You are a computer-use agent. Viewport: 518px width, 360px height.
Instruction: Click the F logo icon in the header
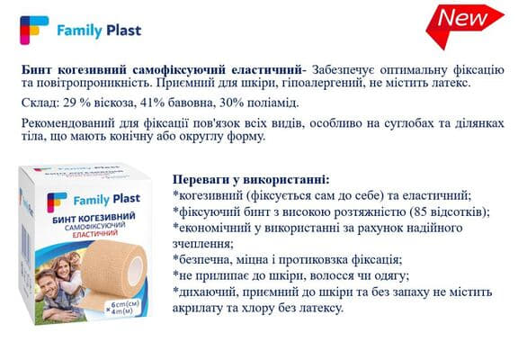click(x=33, y=31)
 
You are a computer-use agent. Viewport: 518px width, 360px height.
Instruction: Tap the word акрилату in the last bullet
click(x=203, y=309)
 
